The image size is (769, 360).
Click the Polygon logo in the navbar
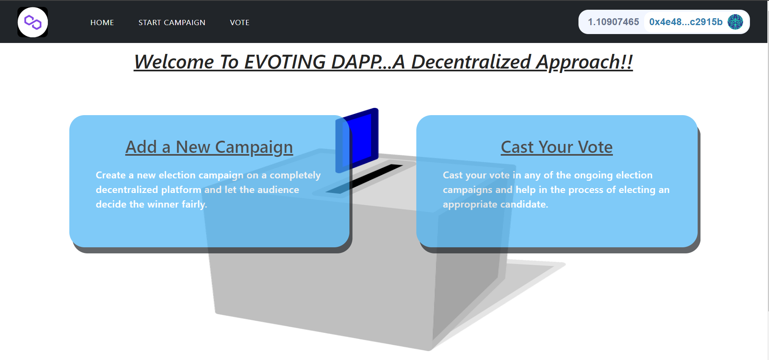(32, 22)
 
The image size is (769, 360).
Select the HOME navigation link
(102, 23)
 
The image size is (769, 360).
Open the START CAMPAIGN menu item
(172, 23)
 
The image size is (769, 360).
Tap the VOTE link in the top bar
(240, 23)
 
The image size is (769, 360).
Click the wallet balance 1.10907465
(613, 22)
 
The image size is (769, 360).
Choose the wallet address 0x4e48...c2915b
(686, 22)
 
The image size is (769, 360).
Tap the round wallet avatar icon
(735, 22)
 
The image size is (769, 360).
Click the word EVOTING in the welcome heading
(285, 62)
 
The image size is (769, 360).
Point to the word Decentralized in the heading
(471, 62)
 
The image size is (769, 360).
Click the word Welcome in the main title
(174, 62)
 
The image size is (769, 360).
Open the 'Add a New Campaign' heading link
(209, 147)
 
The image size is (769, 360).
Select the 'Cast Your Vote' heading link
(557, 147)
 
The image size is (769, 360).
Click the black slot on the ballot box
(364, 179)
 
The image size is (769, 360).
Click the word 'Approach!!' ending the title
(584, 62)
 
